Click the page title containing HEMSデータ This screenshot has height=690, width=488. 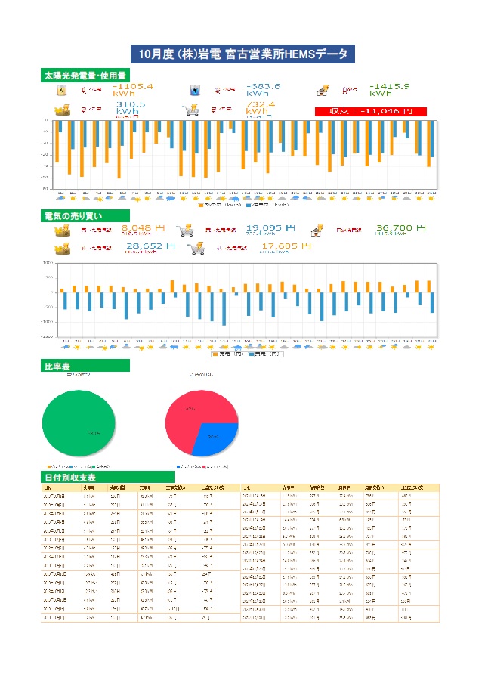tap(243, 54)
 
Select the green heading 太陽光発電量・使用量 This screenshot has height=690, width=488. tap(85, 76)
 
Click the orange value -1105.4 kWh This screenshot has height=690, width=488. tap(132, 90)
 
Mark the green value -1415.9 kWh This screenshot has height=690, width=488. tap(390, 90)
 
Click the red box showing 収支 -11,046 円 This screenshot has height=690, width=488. tap(370, 111)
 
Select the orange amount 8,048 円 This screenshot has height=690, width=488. tap(143, 227)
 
